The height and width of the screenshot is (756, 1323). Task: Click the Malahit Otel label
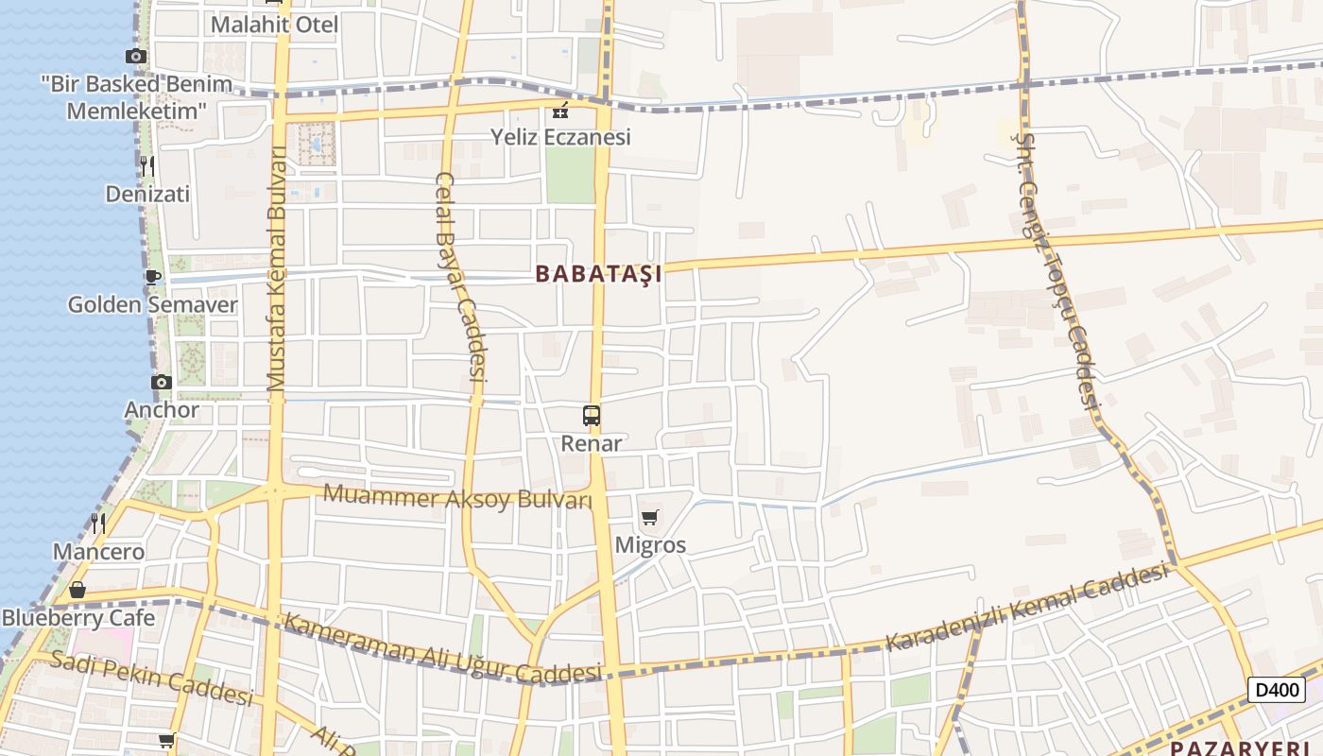[x=274, y=25]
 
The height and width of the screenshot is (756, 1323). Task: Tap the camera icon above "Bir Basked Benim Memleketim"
[x=136, y=57]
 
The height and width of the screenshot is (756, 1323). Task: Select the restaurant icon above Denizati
[x=147, y=166]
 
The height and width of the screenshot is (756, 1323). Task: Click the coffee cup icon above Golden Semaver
[x=152, y=277]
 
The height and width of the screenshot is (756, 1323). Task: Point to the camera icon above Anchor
[x=162, y=382]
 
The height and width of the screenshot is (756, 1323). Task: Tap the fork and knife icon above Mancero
[x=98, y=523]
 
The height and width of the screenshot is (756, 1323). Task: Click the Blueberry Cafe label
[x=77, y=618]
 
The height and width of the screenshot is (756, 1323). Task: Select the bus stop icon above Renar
[x=592, y=415]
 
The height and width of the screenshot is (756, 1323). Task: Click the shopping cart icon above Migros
[x=649, y=517]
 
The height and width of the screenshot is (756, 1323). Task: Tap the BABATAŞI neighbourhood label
[x=598, y=274]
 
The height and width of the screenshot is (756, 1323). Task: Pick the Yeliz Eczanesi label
[x=560, y=137]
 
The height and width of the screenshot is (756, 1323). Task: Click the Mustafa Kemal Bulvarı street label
[x=277, y=269]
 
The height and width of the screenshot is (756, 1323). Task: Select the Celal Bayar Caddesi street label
[x=461, y=276]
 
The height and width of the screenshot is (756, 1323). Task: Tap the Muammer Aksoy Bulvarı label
[x=457, y=497]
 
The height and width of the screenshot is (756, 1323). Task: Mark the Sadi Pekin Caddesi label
[x=151, y=678]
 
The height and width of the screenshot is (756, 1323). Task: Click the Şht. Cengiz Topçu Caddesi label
[x=1057, y=266]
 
